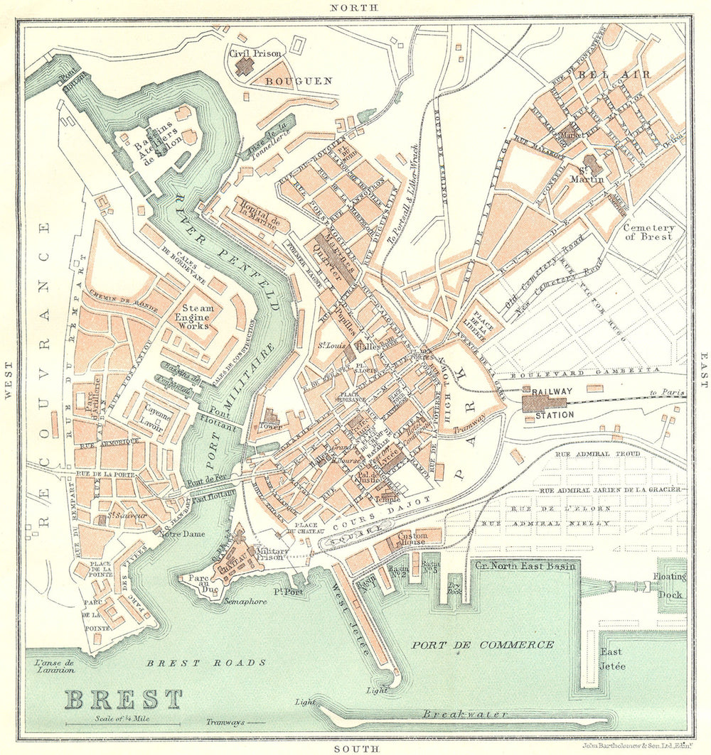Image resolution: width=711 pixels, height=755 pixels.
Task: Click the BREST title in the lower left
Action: coord(124,699)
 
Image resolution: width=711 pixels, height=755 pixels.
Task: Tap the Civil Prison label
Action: coord(255,53)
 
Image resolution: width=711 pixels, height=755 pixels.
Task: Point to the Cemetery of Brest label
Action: coord(647,232)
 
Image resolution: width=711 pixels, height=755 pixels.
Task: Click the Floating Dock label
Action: coord(669,588)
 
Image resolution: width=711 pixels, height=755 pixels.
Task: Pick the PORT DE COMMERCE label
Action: coord(482,645)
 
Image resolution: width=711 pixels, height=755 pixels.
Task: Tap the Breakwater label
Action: coord(465,713)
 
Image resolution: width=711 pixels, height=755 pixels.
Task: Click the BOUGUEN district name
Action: coord(298,81)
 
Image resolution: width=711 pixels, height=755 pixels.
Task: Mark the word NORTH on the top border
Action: coord(353,8)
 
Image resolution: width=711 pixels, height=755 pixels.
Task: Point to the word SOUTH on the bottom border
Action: coord(353,748)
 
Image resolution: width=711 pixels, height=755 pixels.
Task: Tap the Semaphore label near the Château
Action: coord(243,602)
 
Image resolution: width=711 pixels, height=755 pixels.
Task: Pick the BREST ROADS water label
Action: coord(206,663)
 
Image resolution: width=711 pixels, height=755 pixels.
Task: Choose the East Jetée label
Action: coord(612,658)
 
